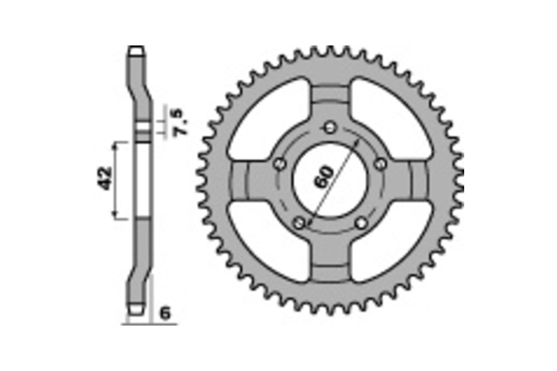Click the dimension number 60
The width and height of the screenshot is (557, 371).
point(323,177)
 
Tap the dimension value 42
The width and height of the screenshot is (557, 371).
point(105,179)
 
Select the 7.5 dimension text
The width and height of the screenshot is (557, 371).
point(180,122)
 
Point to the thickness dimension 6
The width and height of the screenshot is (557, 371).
point(165,313)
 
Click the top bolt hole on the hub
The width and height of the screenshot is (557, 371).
point(330,128)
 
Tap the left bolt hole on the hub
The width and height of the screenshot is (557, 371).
point(280,164)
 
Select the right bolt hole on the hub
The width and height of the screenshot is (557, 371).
point(381,164)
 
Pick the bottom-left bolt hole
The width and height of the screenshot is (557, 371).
point(299,223)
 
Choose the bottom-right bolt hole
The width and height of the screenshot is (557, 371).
point(361,223)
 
